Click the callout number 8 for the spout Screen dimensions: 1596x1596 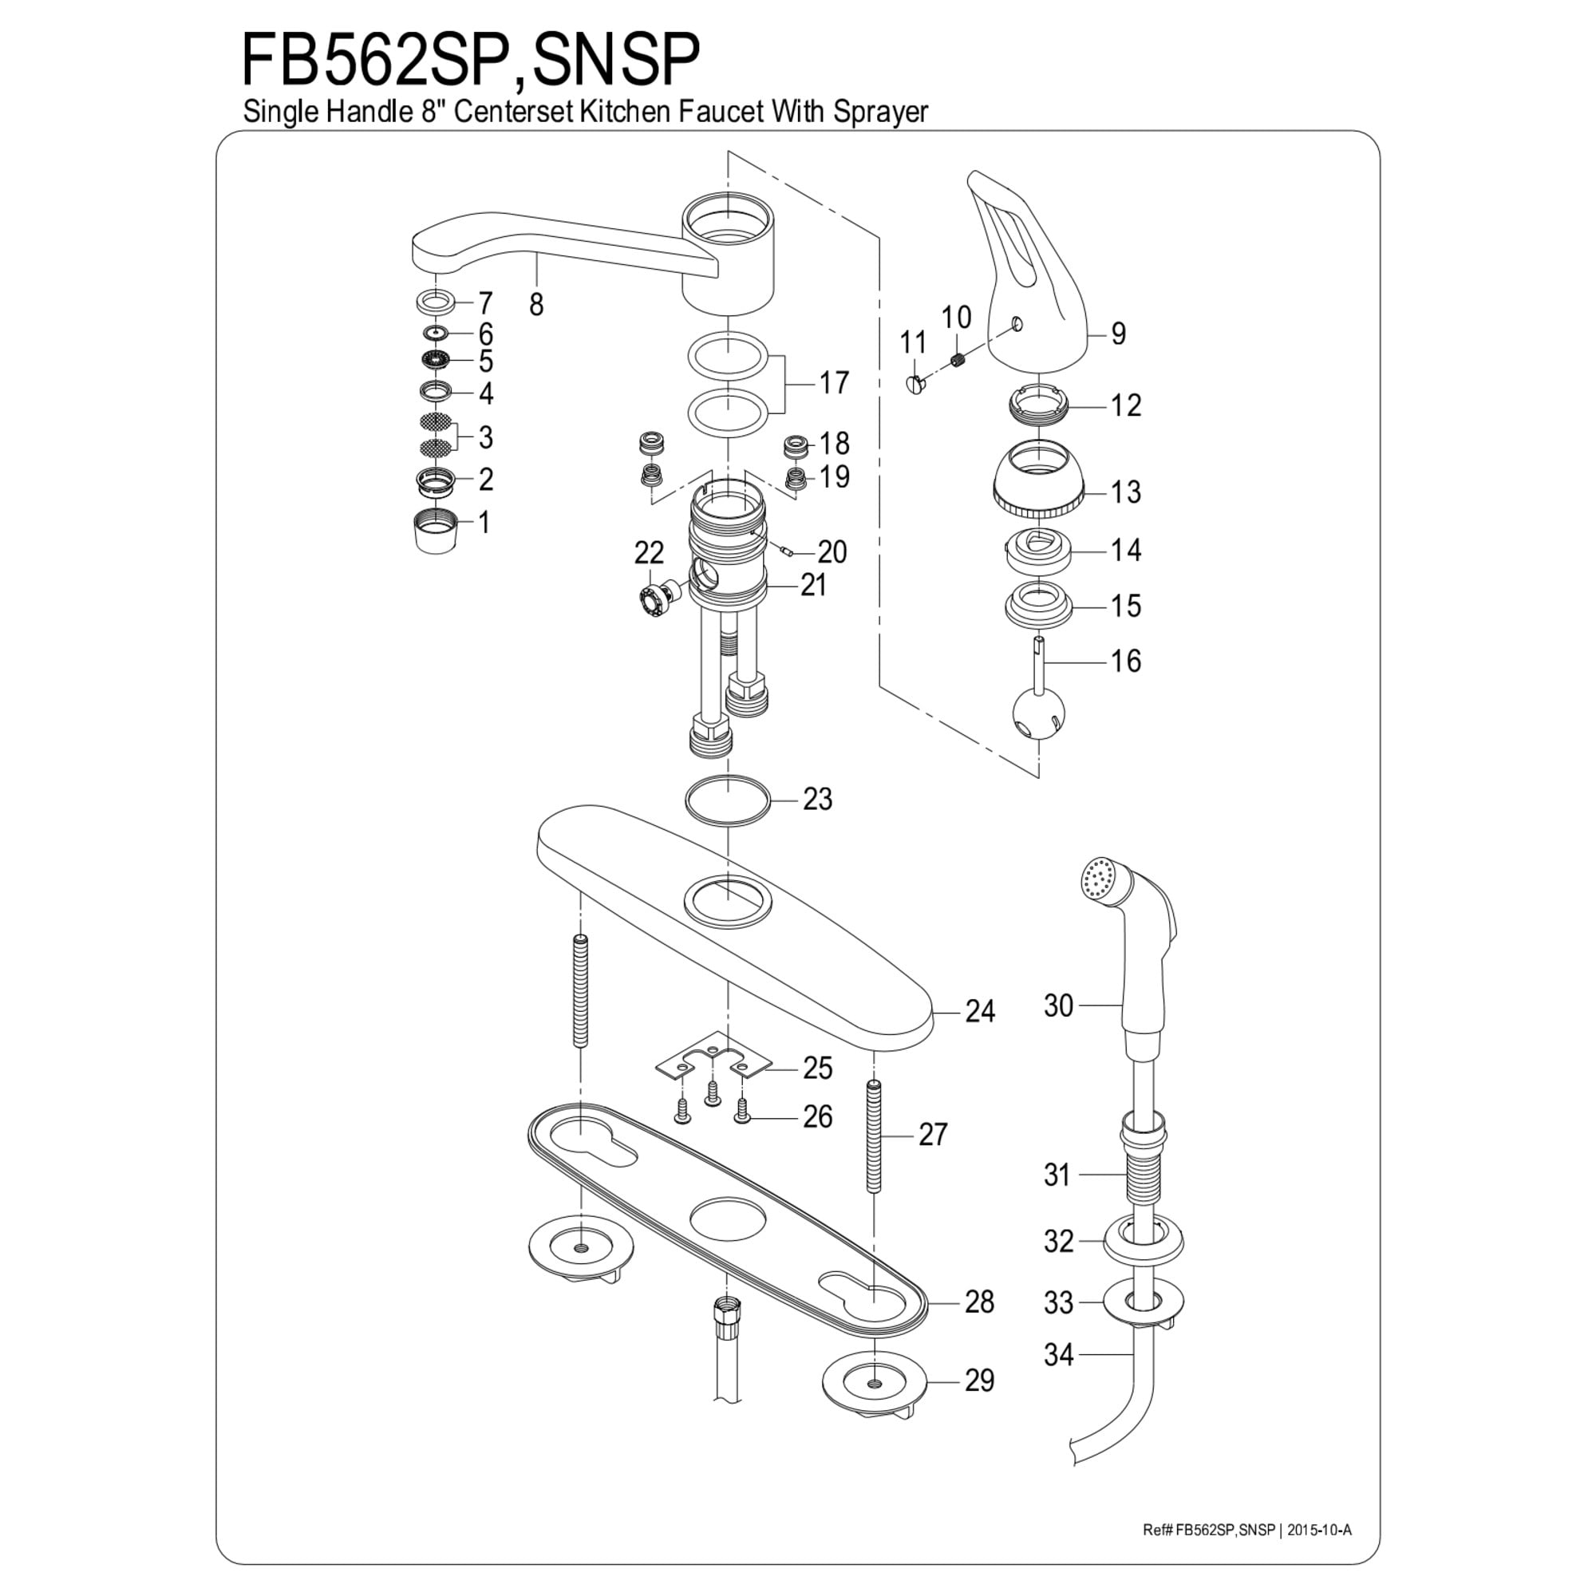[x=536, y=305]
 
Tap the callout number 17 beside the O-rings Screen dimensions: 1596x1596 [x=834, y=382]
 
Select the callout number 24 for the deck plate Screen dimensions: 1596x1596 [x=981, y=1011]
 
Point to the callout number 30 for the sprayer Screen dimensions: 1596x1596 [x=1058, y=1005]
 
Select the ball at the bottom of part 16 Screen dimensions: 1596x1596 [x=1038, y=717]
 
